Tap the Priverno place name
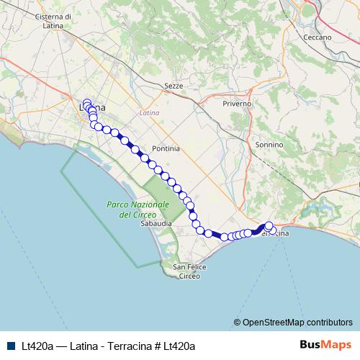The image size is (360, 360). coord(237,104)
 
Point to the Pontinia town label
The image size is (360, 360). coord(165,148)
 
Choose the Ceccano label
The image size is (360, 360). coord(317,37)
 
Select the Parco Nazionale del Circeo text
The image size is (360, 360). coord(138,210)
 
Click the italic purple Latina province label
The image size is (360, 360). coord(149,113)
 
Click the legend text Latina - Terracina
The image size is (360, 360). coord(106,346)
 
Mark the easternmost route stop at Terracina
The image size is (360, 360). coord(272,231)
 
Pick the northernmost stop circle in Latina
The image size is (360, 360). coord(87,102)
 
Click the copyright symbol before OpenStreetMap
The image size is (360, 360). coord(238,322)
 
